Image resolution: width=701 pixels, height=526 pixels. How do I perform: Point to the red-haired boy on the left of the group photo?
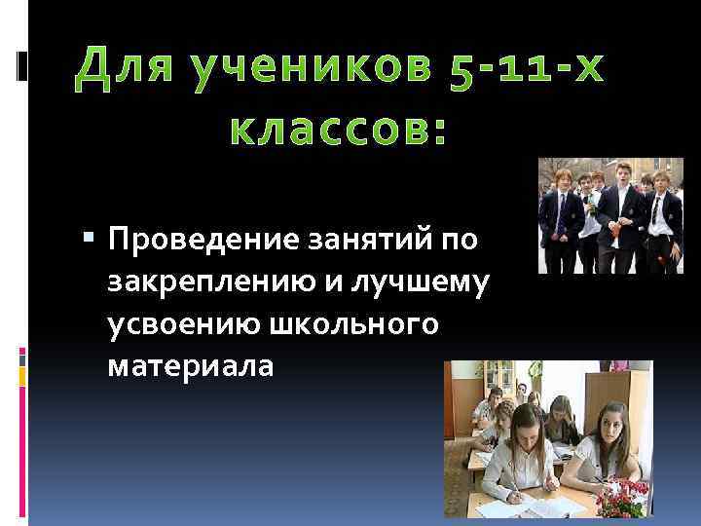pos(563,209)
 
